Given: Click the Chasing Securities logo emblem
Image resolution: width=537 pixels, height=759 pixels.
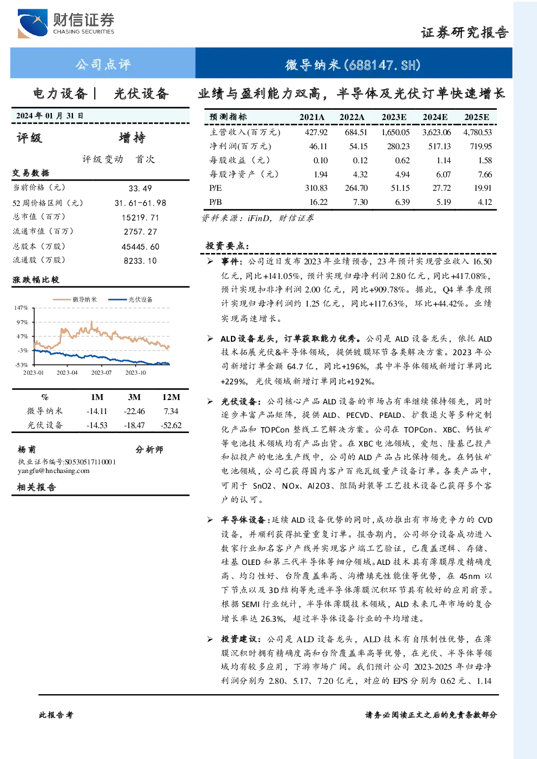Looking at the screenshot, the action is point(32,23).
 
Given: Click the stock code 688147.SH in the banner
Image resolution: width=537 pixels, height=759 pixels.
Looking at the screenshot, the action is point(382,65).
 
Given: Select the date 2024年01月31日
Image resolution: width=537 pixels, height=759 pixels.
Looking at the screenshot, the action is point(50,116).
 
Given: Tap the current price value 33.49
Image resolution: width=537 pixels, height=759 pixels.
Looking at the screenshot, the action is point(140,188).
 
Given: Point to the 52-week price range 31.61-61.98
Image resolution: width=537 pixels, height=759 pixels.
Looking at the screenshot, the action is point(141,203).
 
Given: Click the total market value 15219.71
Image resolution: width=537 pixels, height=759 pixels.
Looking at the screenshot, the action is point(141,217).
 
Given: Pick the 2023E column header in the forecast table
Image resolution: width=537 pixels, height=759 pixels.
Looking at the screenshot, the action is point(394,117).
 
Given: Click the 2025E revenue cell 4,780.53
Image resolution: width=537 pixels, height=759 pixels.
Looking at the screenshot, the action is point(478,132).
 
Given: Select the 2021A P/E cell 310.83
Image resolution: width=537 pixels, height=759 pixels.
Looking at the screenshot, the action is point(316,188).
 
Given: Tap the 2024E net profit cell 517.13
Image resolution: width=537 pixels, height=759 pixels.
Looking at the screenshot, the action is point(439,147).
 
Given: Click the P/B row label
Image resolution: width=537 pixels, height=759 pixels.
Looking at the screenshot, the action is point(216,202).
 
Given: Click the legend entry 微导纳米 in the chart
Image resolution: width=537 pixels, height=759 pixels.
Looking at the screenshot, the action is point(75,299).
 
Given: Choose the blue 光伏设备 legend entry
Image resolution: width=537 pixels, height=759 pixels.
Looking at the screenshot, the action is point(130,299).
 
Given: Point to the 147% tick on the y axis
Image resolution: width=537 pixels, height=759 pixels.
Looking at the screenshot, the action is point(21,308).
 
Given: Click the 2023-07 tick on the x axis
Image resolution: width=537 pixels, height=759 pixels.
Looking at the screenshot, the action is point(101,372).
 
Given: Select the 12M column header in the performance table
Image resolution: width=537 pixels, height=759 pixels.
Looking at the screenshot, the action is point(171,397).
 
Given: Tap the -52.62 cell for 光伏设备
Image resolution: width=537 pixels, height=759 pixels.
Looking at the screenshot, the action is point(171,425).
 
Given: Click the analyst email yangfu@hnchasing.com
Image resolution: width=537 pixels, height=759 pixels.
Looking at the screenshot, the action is point(54,471).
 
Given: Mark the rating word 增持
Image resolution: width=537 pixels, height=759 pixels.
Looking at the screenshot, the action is point(132,138).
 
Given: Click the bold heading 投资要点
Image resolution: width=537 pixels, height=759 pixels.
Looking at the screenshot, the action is point(227,245).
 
